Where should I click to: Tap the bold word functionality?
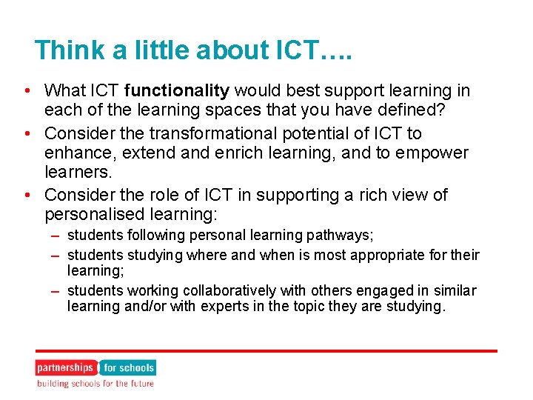point(177,91)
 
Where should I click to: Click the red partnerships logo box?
point(66,367)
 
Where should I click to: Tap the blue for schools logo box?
point(128,367)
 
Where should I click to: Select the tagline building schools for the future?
point(95,384)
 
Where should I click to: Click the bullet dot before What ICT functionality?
point(26,92)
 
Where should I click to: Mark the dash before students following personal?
point(56,236)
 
